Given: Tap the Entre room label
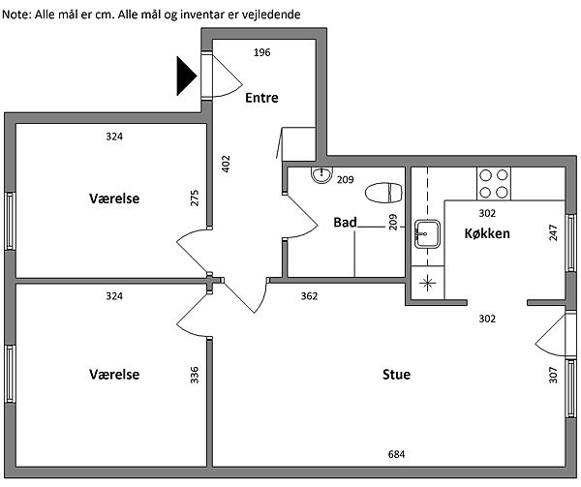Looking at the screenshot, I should [x=261, y=98].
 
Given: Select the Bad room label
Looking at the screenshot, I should [x=345, y=222].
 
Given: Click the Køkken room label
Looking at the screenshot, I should [x=487, y=233].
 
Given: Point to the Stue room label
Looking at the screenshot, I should [x=395, y=374].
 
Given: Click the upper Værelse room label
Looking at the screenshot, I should [x=114, y=198].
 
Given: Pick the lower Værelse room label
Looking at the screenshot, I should [x=114, y=374].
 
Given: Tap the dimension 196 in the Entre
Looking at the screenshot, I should [x=261, y=52].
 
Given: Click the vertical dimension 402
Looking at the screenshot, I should [x=226, y=164].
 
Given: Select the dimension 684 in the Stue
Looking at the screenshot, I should [x=396, y=454].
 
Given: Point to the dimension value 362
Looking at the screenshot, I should [x=309, y=295].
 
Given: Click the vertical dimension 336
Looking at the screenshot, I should [x=195, y=374].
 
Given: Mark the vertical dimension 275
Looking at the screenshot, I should [x=195, y=198].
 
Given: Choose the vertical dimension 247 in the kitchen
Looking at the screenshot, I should [x=553, y=233].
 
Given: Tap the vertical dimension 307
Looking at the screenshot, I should [x=553, y=374].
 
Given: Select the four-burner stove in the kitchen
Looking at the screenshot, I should [x=494, y=182].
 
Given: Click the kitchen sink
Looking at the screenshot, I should [x=426, y=233].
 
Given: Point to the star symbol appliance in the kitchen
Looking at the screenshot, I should [x=426, y=284].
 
